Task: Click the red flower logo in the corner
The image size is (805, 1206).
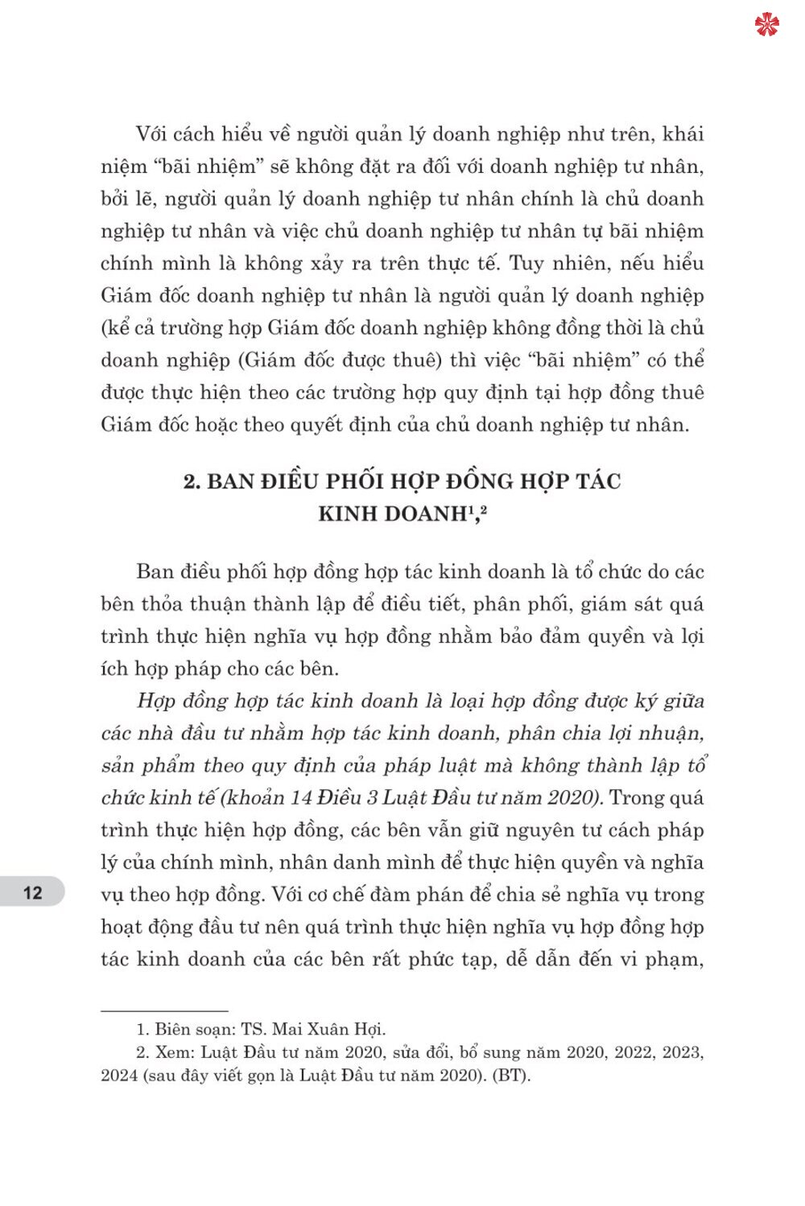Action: click(x=766, y=24)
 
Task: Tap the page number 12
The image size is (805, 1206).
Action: click(x=32, y=892)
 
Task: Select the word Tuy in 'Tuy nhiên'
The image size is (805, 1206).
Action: click(x=527, y=263)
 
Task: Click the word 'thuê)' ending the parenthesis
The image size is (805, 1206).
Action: click(x=417, y=360)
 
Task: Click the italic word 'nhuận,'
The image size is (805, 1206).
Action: click(x=670, y=733)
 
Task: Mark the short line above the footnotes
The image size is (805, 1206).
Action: click(x=164, y=1010)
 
